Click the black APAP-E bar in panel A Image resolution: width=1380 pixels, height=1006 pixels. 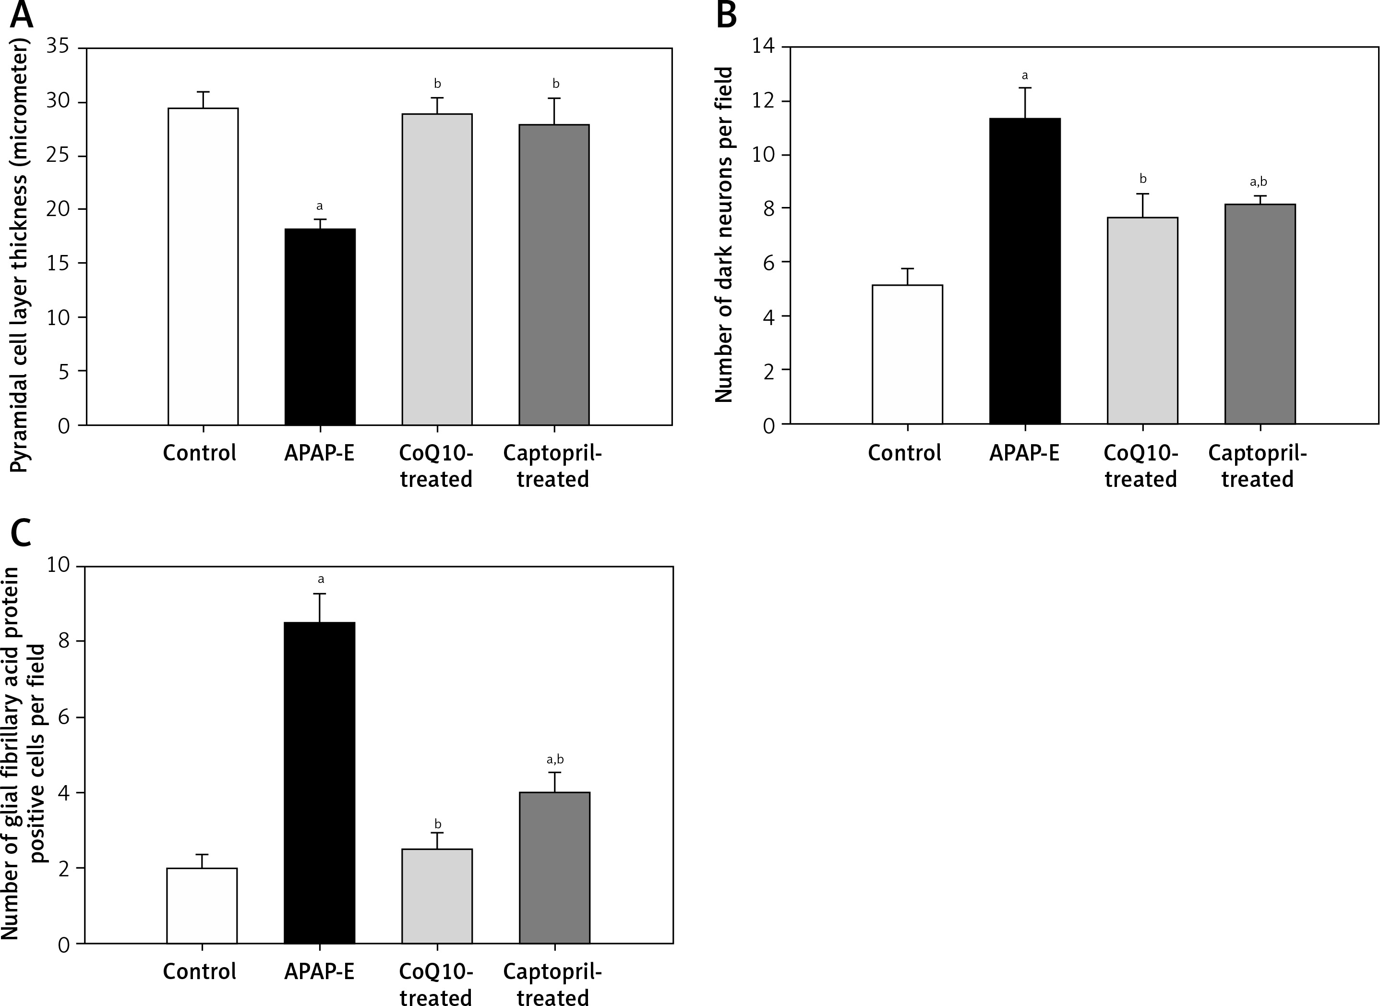click(320, 327)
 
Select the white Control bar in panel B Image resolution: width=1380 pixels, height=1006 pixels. click(907, 354)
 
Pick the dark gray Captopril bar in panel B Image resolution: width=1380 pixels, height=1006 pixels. click(1260, 314)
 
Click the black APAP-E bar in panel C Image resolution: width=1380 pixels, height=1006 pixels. click(320, 783)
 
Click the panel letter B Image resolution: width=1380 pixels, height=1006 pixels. click(726, 15)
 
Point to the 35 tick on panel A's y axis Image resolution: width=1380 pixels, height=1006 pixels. click(59, 48)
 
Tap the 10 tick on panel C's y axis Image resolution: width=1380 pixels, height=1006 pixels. click(59, 566)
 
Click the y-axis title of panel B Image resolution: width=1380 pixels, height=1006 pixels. click(724, 234)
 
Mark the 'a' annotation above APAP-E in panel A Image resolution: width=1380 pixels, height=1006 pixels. click(320, 206)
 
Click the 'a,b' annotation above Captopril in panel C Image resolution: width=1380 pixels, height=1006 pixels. click(555, 759)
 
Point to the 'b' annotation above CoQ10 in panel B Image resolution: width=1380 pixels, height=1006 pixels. click(1142, 179)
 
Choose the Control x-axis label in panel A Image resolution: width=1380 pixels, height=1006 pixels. click(200, 453)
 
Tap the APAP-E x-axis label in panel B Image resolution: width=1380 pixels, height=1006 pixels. click(1024, 453)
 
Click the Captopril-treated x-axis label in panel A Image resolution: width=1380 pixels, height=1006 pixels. click(553, 466)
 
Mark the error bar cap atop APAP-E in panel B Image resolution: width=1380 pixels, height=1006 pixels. click(1025, 88)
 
